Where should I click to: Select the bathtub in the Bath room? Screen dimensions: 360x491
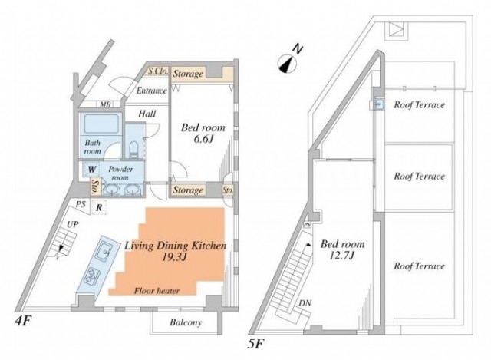coord(97,126)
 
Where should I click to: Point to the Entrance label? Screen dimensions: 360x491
coord(151,91)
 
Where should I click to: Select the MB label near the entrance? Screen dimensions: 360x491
coord(104,105)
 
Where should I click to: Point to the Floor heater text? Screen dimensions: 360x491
coord(153,291)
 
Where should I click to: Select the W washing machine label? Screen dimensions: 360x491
coord(91,170)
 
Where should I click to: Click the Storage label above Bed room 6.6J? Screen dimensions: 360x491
coord(188,74)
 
